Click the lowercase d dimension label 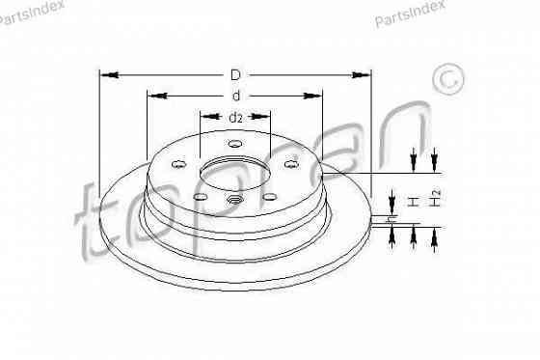(235, 96)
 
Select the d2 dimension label (235, 117)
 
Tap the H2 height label (436, 200)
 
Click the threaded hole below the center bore (234, 201)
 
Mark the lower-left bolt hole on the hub (199, 196)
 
